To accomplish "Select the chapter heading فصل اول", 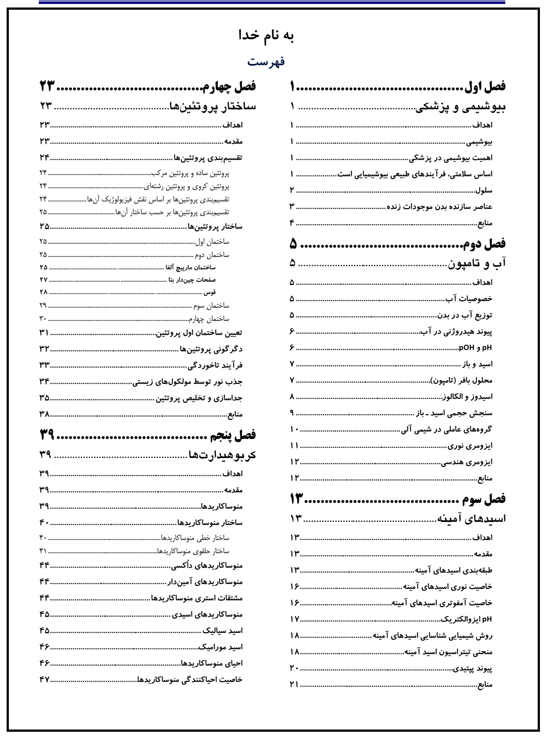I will tap(484, 86).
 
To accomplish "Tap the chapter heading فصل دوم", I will tap(484, 243).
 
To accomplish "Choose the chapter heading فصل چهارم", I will tap(229, 86).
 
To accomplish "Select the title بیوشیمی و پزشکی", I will tap(461, 107).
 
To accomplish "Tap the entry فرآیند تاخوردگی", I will tap(216, 365).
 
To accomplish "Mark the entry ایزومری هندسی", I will tap(467, 462).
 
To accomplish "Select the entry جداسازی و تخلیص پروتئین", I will tap(198, 398).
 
